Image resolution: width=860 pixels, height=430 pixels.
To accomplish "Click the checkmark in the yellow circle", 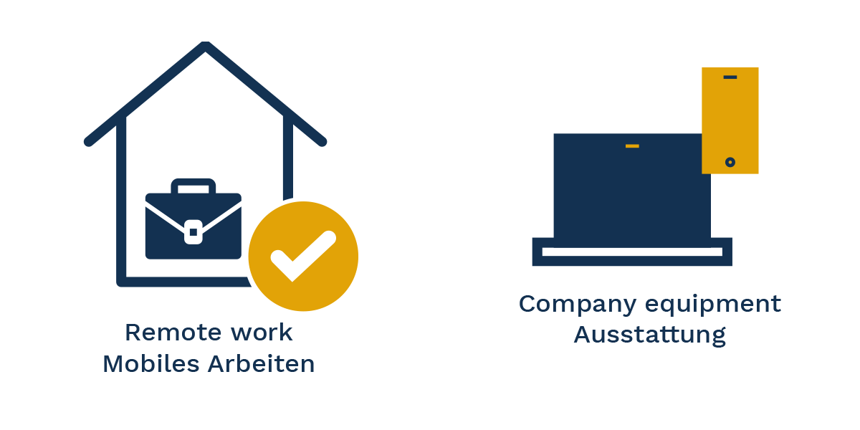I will click(x=302, y=256).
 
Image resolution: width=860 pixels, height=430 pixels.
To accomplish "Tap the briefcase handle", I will click(x=193, y=185).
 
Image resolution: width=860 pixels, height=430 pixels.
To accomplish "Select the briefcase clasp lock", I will click(x=193, y=231).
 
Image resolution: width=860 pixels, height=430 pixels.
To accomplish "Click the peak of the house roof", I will click(x=206, y=47).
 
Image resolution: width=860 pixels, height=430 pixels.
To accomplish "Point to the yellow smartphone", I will click(x=730, y=120).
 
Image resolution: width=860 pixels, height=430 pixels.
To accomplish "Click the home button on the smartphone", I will click(x=730, y=162).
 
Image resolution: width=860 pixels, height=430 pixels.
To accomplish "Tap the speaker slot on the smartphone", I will click(x=730, y=77).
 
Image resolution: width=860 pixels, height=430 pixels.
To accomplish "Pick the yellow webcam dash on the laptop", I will click(x=631, y=146).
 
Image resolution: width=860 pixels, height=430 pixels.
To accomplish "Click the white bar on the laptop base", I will click(x=631, y=252).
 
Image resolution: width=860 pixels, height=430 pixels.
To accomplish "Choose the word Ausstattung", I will click(x=649, y=335).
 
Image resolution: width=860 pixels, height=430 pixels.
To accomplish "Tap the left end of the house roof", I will click(x=89, y=141).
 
